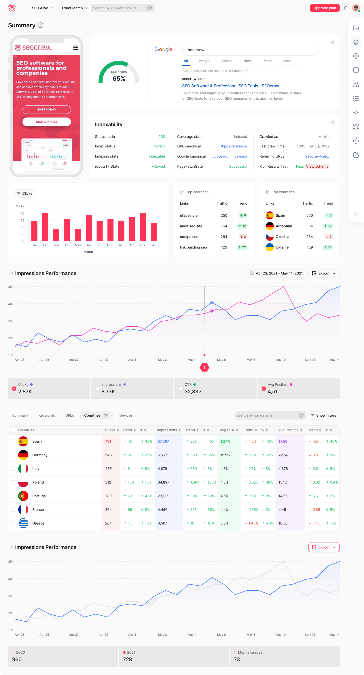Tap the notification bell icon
point(346,8)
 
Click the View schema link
point(317,166)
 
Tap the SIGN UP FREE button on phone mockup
point(47,122)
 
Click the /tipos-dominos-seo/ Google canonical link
point(230,156)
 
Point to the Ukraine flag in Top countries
point(269,247)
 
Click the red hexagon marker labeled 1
point(204,367)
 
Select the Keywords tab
point(47,415)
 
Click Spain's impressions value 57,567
point(163,441)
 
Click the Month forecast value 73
point(237,659)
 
